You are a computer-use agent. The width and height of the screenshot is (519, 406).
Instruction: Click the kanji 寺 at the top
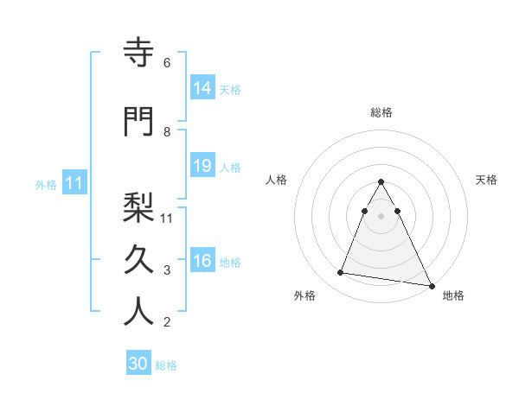pyautogui.click(x=138, y=53)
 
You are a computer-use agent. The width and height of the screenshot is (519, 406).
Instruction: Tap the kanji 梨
pyautogui.click(x=138, y=207)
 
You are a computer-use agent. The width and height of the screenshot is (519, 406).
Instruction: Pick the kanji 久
pyautogui.click(x=138, y=259)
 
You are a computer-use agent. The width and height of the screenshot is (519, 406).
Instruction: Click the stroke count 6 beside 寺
pyautogui.click(x=167, y=63)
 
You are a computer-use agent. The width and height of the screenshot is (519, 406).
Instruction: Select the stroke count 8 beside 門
pyautogui.click(x=167, y=131)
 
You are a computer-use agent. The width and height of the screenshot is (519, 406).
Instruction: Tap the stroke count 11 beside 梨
pyautogui.click(x=168, y=218)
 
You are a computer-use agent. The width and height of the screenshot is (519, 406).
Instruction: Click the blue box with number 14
pyautogui.click(x=202, y=88)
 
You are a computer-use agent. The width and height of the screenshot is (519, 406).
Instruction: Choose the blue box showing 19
pyautogui.click(x=202, y=166)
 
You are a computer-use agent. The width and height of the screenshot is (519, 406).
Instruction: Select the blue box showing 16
pyautogui.click(x=202, y=261)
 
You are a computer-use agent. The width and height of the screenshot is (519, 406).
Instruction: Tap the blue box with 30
pyautogui.click(x=138, y=364)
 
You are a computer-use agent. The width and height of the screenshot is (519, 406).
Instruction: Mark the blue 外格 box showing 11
pyautogui.click(x=74, y=183)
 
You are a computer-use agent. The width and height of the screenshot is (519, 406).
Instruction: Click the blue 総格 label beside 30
pyautogui.click(x=166, y=365)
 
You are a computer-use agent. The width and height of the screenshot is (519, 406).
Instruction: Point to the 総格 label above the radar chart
pyautogui.click(x=381, y=112)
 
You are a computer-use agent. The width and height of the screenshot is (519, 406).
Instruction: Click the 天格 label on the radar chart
pyautogui.click(x=486, y=180)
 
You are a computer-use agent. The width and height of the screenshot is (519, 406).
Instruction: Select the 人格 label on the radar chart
pyautogui.click(x=276, y=180)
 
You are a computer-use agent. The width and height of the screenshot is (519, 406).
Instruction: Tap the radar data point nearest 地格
pyautogui.click(x=431, y=285)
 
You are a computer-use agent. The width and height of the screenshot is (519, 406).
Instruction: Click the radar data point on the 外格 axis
pyautogui.click(x=341, y=273)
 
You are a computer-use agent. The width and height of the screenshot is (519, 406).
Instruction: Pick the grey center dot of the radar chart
pyautogui.click(x=381, y=216)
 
